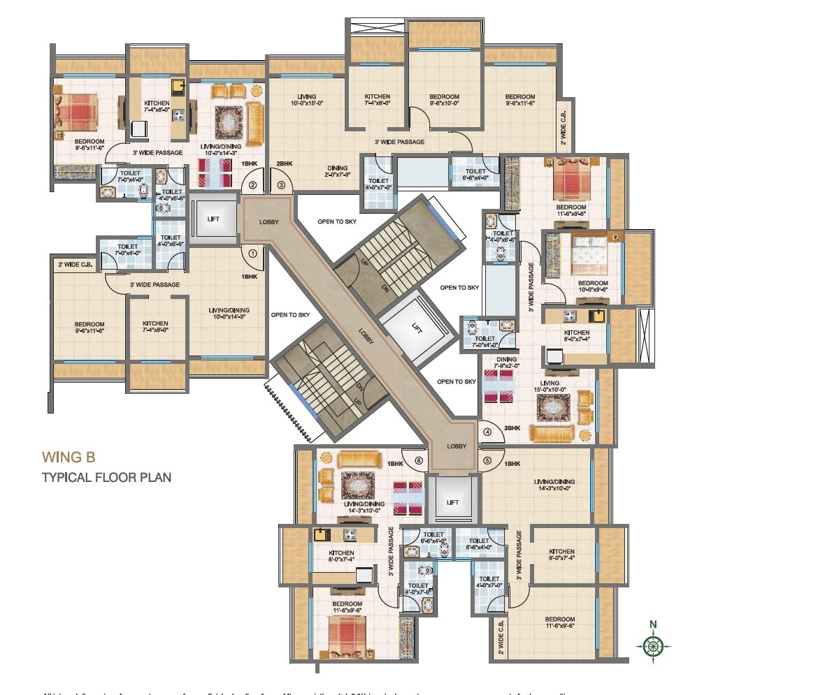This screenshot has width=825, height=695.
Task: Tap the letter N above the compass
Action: pyautogui.click(x=653, y=625)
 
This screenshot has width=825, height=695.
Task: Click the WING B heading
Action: pyautogui.click(x=69, y=458)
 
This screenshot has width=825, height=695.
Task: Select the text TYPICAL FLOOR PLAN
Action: pyautogui.click(x=106, y=478)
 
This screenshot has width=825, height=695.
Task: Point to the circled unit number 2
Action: pyautogui.click(x=253, y=186)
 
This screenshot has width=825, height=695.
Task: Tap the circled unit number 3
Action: pyautogui.click(x=281, y=186)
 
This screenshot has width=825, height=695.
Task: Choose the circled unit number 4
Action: pyautogui.click(x=489, y=432)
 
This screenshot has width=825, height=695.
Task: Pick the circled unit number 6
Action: pyautogui.click(x=419, y=461)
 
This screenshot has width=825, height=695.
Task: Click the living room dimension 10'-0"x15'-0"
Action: pyautogui.click(x=306, y=105)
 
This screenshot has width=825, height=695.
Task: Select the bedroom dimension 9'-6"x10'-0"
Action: pyautogui.click(x=444, y=105)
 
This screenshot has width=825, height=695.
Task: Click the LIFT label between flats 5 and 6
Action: pyautogui.click(x=452, y=502)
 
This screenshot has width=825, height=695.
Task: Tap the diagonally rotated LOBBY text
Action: pyautogui.click(x=366, y=337)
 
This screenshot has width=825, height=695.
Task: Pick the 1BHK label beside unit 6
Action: pyautogui.click(x=396, y=463)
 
